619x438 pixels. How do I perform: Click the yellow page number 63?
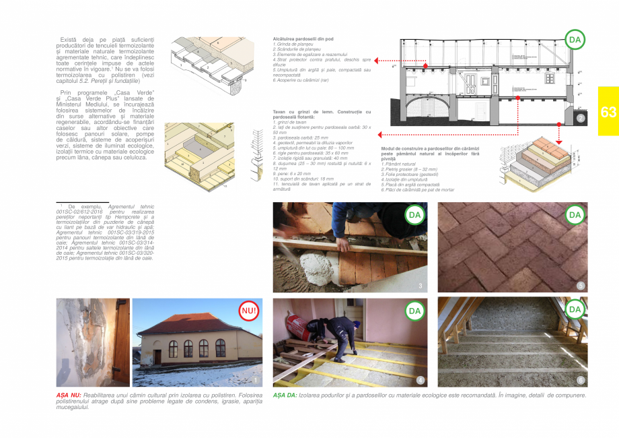tap(608, 113)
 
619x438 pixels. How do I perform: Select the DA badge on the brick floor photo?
tap(574, 215)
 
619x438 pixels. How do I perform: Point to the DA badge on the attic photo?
tap(574, 309)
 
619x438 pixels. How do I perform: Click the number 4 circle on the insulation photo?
tap(421, 380)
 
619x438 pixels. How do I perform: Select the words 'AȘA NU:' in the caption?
tap(69, 395)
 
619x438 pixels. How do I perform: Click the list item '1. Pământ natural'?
tap(398, 164)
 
